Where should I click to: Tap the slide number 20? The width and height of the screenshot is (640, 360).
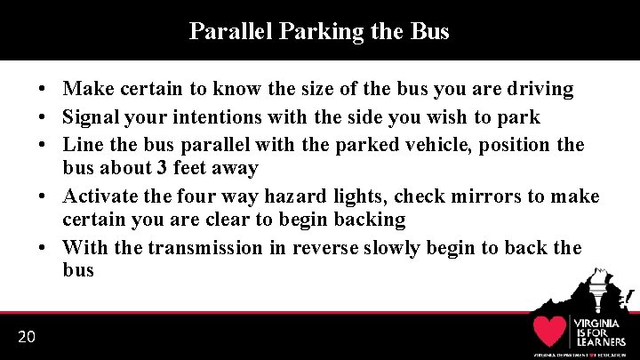click(x=26, y=336)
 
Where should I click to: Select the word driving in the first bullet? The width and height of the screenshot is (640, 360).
click(x=541, y=89)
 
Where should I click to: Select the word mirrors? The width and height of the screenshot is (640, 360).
click(x=498, y=196)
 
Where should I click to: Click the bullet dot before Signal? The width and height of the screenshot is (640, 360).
click(x=42, y=117)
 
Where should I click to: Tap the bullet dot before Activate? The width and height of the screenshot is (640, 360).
click(x=42, y=196)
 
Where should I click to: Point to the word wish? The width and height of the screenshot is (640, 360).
click(x=445, y=117)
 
